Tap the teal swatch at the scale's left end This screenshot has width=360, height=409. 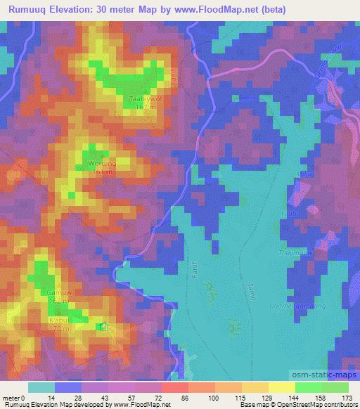click(41, 387)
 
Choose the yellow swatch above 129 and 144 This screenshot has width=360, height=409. click(268, 387)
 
